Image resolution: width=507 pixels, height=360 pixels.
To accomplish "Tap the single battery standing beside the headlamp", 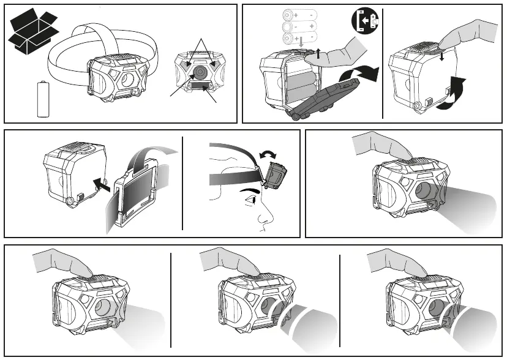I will point(43,99).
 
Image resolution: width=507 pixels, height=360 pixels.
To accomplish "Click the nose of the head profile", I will point(265,214).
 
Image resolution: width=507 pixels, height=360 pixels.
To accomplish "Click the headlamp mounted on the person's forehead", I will point(274,175).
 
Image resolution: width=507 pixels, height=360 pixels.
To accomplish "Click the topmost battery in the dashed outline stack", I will point(298,14).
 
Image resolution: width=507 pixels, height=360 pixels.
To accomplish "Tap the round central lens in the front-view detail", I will point(200,73).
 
